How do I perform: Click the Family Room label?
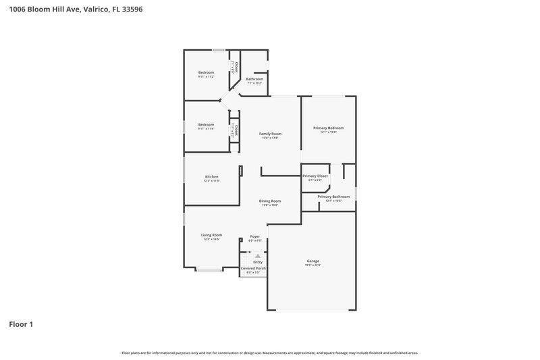[x=271, y=134]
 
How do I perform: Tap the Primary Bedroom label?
[x=328, y=128]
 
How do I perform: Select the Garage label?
[x=313, y=261]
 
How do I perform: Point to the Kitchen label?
[x=212, y=177]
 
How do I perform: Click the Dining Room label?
[x=271, y=201]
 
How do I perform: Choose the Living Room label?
[x=211, y=235]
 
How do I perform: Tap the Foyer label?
[x=254, y=236]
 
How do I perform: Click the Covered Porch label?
[x=253, y=268]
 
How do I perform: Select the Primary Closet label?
[x=315, y=176]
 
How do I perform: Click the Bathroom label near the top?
[x=254, y=79]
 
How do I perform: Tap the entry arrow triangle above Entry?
[x=257, y=256]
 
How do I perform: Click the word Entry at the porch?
[x=257, y=262]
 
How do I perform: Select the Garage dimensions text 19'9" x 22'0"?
[x=313, y=265]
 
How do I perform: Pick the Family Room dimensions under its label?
[x=271, y=138]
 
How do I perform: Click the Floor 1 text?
[x=21, y=324]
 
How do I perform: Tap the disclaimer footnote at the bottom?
[x=269, y=353]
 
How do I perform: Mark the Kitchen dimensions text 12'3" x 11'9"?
[x=212, y=181]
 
